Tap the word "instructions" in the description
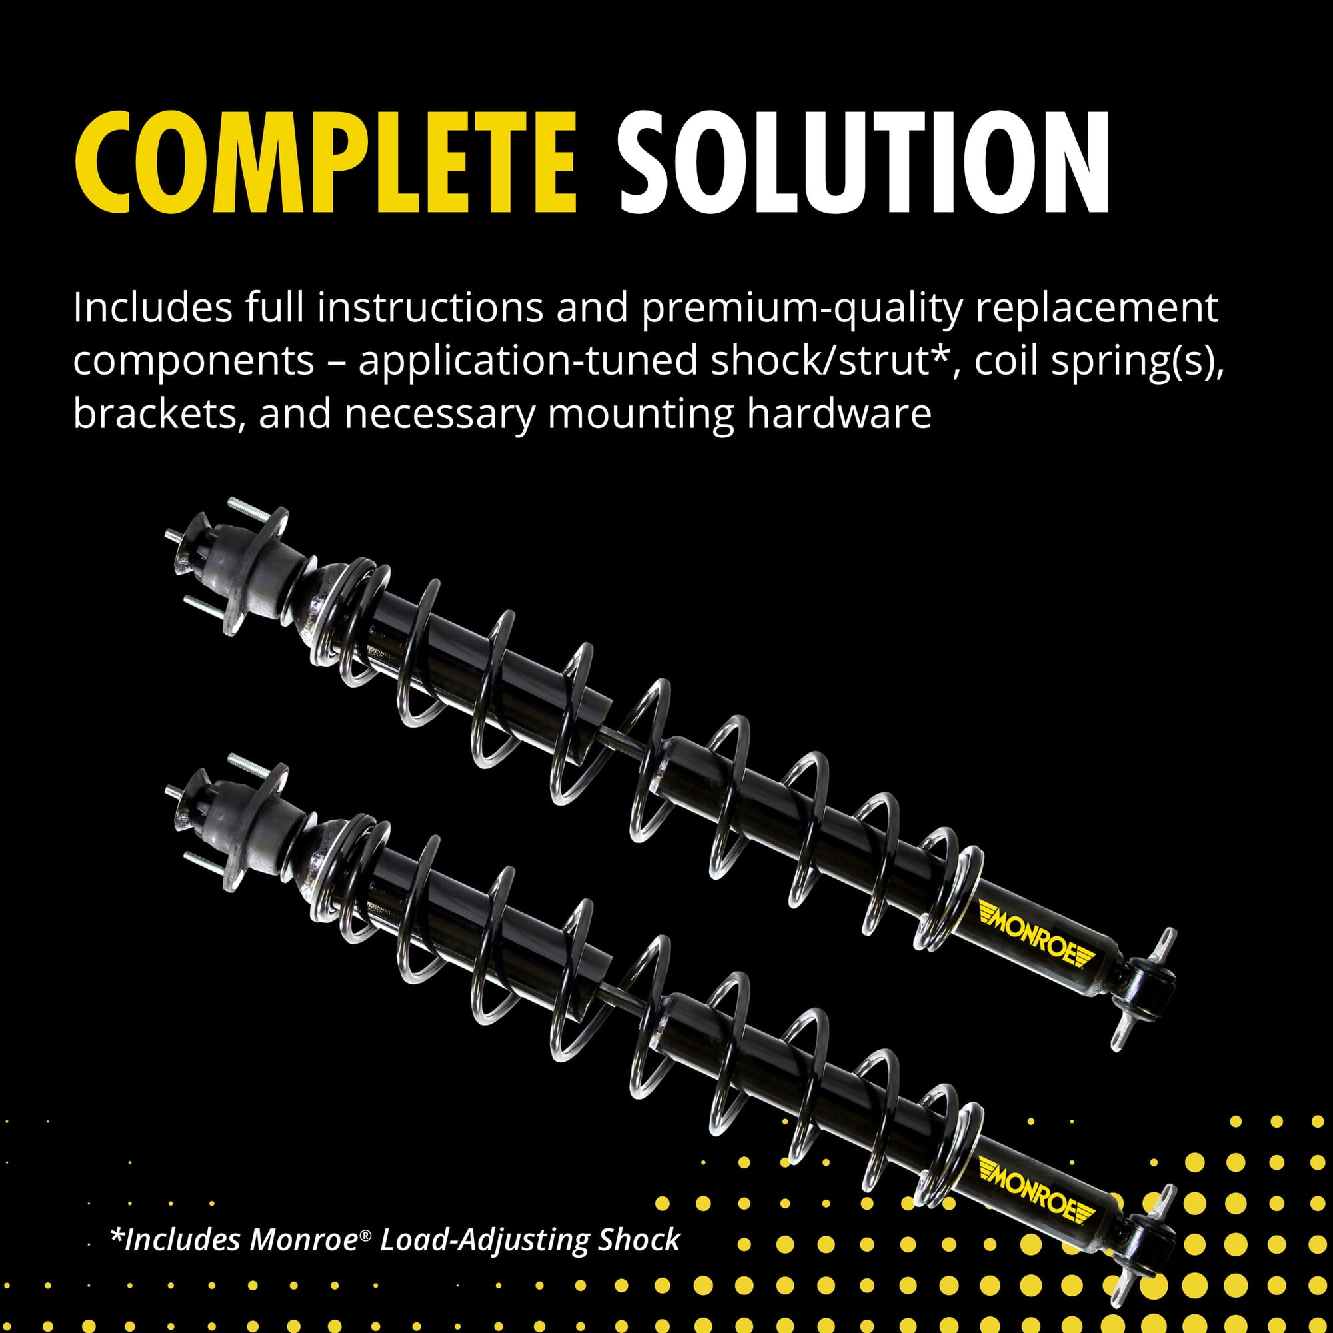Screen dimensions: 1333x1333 click(x=431, y=308)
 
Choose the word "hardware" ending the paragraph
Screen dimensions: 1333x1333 click(x=839, y=414)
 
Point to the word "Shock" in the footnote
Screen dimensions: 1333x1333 click(x=639, y=1240)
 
